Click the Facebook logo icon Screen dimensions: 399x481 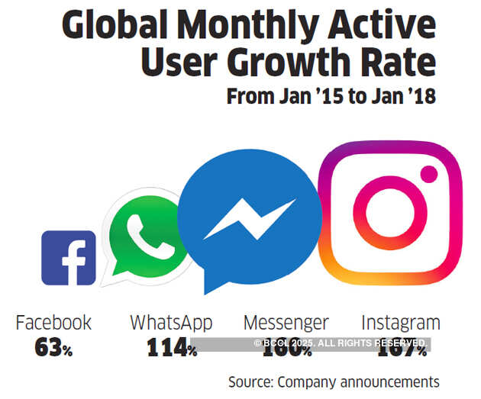(68, 258)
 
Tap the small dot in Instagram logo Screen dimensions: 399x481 (428, 173)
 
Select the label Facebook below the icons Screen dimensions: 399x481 (53, 323)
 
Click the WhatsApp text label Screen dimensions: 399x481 (171, 323)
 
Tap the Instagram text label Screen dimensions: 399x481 (400, 323)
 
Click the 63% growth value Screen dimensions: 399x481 (53, 349)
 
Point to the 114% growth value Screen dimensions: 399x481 (171, 349)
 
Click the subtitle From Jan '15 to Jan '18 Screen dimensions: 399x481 (331, 98)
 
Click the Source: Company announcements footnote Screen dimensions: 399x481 (334, 381)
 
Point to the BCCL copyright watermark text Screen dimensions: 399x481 (339, 343)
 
